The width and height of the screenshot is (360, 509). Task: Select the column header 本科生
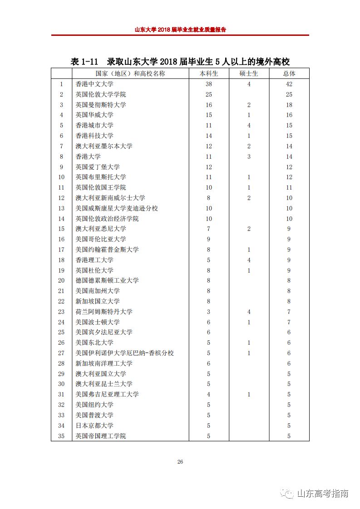[x=209, y=73]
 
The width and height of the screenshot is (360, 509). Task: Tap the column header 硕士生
[x=249, y=73]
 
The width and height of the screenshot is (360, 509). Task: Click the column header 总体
[x=289, y=73]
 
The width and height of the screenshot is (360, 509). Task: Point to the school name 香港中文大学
[x=94, y=84]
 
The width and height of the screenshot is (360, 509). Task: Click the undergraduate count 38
[x=209, y=84]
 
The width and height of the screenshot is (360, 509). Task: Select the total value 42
[x=289, y=84]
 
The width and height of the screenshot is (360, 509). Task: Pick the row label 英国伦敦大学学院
[x=101, y=94]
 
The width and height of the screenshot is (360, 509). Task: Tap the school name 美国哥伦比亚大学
[x=101, y=239]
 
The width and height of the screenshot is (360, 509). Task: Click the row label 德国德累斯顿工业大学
[x=107, y=280]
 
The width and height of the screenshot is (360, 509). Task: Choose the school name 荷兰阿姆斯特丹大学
[x=104, y=312]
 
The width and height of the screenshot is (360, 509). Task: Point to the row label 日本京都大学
[x=94, y=426]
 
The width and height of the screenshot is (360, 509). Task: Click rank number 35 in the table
[x=62, y=436]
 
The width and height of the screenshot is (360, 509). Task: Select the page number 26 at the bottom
[x=180, y=462]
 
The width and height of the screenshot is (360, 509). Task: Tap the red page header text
[x=180, y=29]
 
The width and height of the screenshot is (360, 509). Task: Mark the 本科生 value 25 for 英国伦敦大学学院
[x=209, y=94]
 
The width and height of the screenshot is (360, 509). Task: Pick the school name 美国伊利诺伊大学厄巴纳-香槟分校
[x=124, y=353]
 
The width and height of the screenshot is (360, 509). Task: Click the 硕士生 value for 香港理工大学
[x=249, y=260]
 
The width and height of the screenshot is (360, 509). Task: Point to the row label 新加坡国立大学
[x=98, y=301]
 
